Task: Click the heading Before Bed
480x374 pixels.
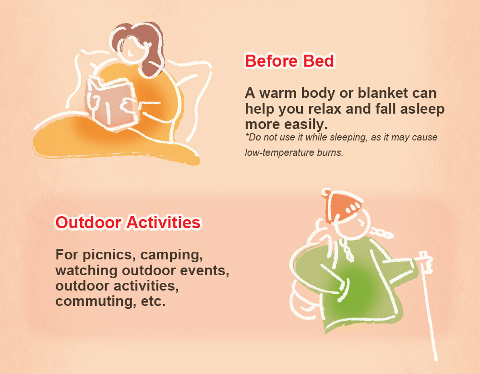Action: [x=289, y=61]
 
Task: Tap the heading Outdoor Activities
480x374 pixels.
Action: [x=128, y=222]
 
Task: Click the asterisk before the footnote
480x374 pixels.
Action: [x=246, y=135]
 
